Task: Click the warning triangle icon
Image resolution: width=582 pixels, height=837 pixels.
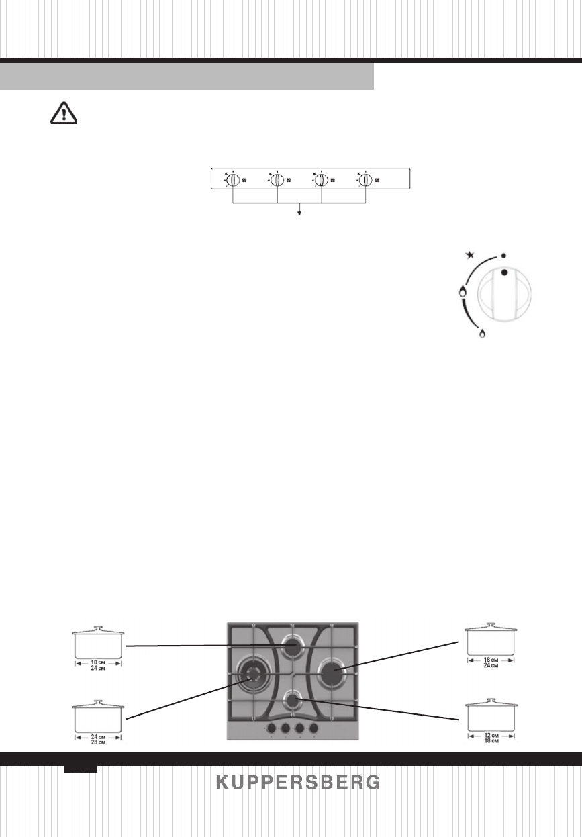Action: coord(64,113)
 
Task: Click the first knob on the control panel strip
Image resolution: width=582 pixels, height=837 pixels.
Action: coord(232,180)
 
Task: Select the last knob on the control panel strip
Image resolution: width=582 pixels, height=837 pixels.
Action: coord(366,180)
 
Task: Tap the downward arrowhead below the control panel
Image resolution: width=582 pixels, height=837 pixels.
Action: coord(299,213)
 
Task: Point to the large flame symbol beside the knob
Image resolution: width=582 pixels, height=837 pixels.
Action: coord(462,292)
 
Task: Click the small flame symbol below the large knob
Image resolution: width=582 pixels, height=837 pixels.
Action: coord(481,333)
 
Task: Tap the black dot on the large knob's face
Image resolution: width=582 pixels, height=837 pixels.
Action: coord(505,273)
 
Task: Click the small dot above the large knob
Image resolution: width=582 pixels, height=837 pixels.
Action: coord(503,256)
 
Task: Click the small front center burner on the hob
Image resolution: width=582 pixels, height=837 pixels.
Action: coord(293,701)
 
